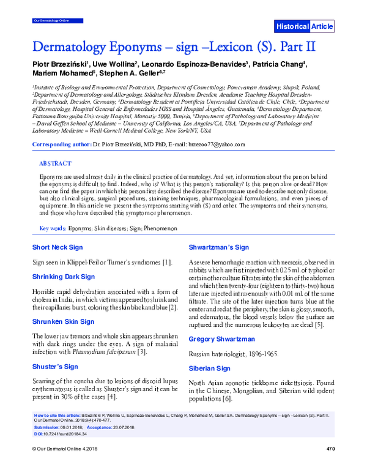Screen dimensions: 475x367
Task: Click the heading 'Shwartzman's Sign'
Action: coord(218,247)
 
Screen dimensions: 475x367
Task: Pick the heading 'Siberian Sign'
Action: coord(210,368)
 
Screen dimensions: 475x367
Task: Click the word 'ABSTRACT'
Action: coord(55,164)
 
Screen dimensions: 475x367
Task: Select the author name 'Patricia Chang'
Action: coord(281,64)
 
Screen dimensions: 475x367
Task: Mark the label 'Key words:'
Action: coord(53,228)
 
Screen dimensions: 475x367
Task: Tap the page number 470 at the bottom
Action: coord(331,466)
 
